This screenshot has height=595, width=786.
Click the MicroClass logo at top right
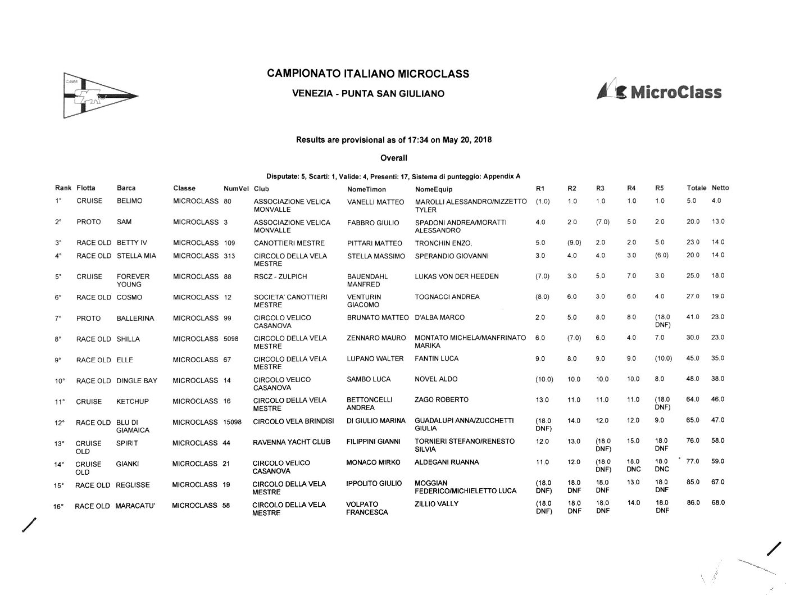click(659, 92)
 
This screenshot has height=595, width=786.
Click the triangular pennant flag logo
click(100, 96)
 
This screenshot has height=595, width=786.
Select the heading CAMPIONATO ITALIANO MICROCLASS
click(368, 74)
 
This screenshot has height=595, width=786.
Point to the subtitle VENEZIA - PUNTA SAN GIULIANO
click(368, 94)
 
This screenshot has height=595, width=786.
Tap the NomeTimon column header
click(366, 189)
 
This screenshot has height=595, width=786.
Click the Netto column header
click(720, 188)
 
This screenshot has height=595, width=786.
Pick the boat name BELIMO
click(129, 201)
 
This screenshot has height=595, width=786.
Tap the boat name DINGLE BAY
click(137, 381)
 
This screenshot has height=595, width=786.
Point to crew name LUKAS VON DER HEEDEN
click(457, 276)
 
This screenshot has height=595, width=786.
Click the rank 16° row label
click(58, 507)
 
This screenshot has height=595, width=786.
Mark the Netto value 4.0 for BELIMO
click(716, 201)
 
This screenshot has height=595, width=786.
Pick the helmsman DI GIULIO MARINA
click(375, 421)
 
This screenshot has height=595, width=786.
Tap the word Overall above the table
click(393, 158)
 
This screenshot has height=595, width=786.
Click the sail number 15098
click(232, 422)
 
